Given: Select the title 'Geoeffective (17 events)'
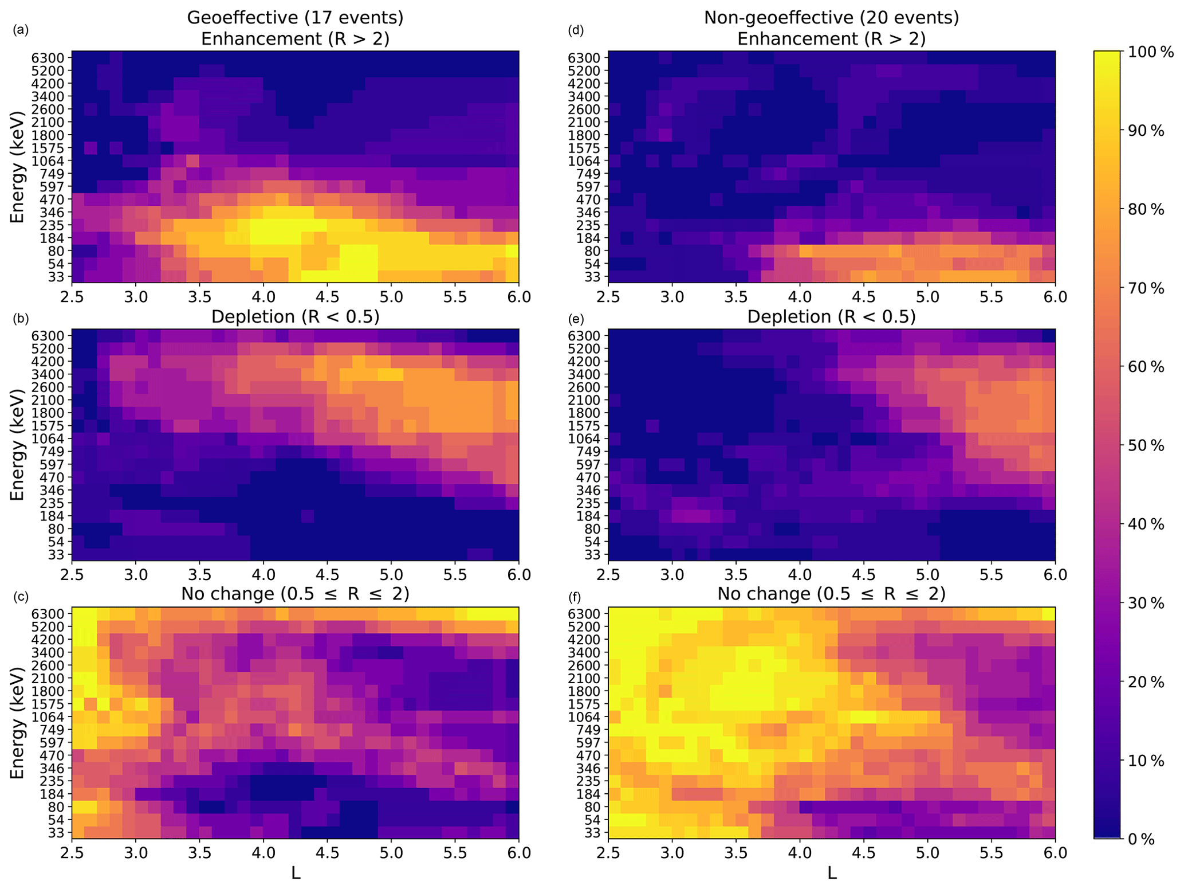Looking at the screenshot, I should click(x=295, y=18).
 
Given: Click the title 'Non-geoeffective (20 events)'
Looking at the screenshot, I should click(x=831, y=18).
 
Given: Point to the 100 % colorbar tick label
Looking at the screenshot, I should click(x=1146, y=52).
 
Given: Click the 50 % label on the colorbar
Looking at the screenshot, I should click(x=1142, y=446).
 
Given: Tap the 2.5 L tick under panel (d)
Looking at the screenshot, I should click(x=608, y=297).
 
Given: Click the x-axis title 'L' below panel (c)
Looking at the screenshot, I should click(x=296, y=874).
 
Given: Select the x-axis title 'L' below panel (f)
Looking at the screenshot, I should click(x=832, y=874).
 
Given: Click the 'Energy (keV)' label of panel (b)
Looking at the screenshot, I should click(x=18, y=444).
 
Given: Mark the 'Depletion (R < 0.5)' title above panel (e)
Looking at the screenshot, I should click(x=831, y=316).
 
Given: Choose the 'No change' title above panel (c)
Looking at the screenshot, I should click(x=295, y=594).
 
